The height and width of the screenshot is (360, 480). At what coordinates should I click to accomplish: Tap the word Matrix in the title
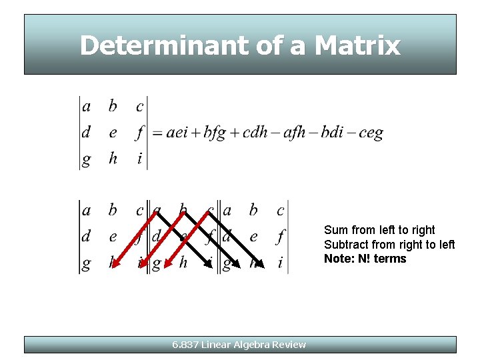pos(357,45)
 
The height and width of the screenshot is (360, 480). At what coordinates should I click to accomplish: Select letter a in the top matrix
pos(86,107)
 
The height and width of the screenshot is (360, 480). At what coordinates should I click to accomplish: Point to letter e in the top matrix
pos(113,133)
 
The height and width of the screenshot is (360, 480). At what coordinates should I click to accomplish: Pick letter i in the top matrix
pos(139,159)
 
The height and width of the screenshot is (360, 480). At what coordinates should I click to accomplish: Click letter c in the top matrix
pos(139,107)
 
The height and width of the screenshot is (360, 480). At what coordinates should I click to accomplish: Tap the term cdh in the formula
pos(255,133)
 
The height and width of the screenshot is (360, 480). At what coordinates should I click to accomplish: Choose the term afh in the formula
pos(295,133)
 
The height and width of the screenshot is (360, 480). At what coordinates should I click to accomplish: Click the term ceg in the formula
pos(371,133)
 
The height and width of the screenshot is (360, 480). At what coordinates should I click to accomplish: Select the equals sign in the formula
pos(157,133)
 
